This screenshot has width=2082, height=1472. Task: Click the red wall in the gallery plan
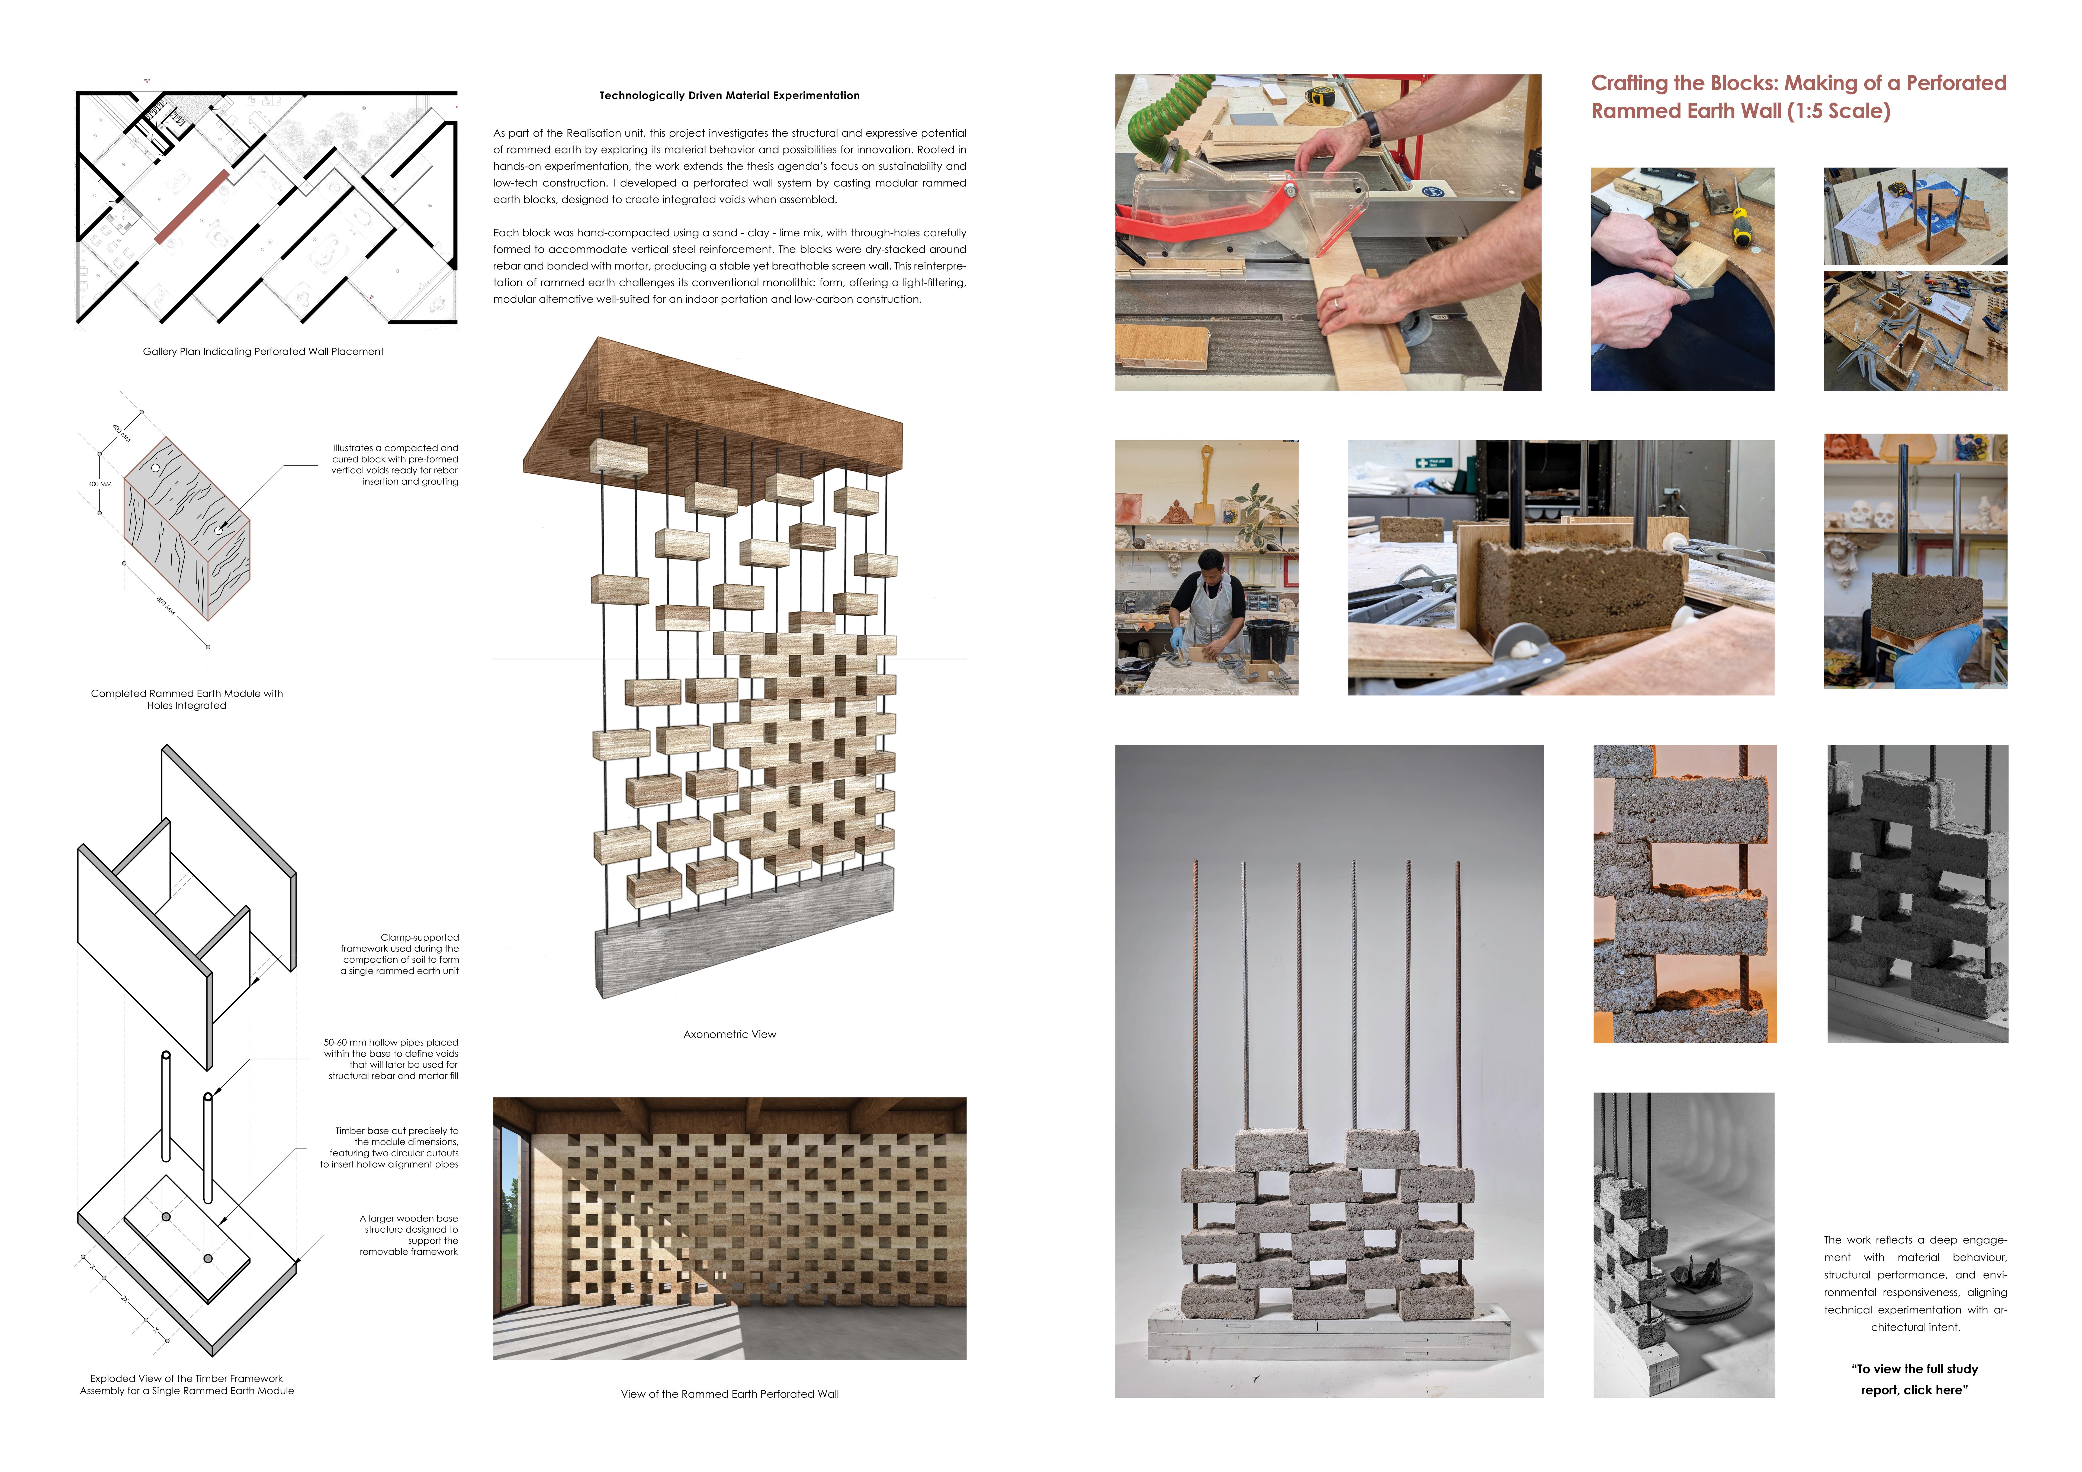191,207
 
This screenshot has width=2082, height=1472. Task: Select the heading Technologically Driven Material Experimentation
729,95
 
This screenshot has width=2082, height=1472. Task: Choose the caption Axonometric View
729,1034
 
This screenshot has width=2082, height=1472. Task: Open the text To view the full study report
1914,1380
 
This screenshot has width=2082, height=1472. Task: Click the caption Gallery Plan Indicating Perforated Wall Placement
263,352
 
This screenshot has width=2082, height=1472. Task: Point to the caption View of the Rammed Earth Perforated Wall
729,1394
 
